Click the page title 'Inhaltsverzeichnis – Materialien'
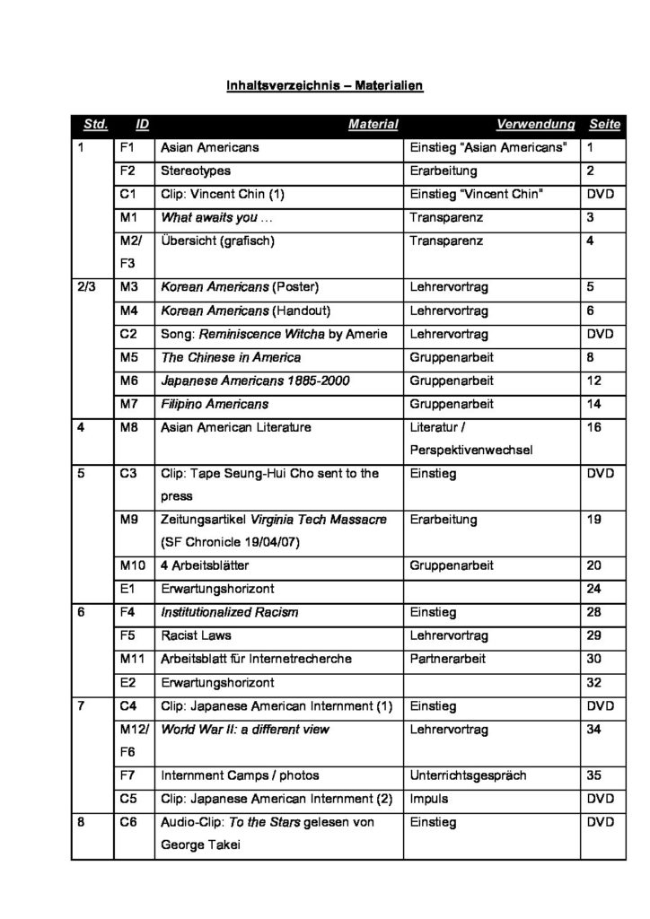click(x=324, y=86)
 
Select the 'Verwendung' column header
click(x=534, y=124)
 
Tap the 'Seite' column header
click(x=604, y=124)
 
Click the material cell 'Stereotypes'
click(x=196, y=171)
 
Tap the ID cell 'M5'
click(x=127, y=357)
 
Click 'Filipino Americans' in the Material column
click(x=215, y=404)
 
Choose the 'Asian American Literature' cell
click(x=235, y=427)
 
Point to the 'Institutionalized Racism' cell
click(x=230, y=613)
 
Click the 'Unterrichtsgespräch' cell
click(x=468, y=775)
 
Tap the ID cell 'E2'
click(x=127, y=682)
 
